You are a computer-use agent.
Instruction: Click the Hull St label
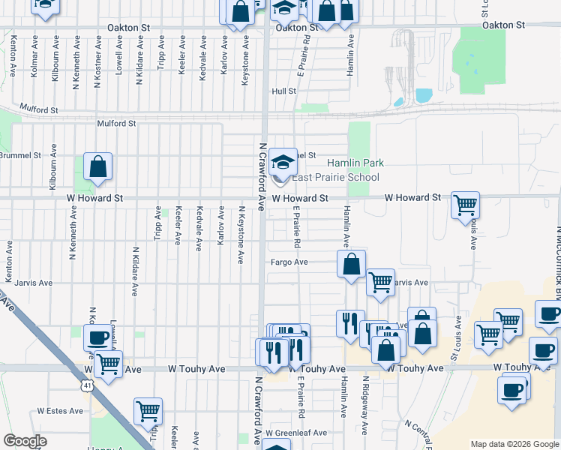coord(284,91)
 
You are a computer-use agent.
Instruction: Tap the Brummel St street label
coord(20,155)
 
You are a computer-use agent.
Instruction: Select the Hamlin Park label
coord(354,163)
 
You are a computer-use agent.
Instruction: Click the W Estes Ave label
coord(61,411)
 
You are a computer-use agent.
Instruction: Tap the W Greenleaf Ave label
coord(299,433)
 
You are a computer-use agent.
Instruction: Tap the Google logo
coord(25,441)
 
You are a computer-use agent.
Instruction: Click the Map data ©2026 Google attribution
coord(514,444)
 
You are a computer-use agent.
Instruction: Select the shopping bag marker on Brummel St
coord(98,166)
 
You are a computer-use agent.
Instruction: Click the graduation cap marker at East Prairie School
coord(283,161)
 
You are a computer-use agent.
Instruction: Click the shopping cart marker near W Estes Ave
coord(148,411)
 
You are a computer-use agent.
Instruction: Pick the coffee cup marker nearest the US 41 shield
coord(97,338)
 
